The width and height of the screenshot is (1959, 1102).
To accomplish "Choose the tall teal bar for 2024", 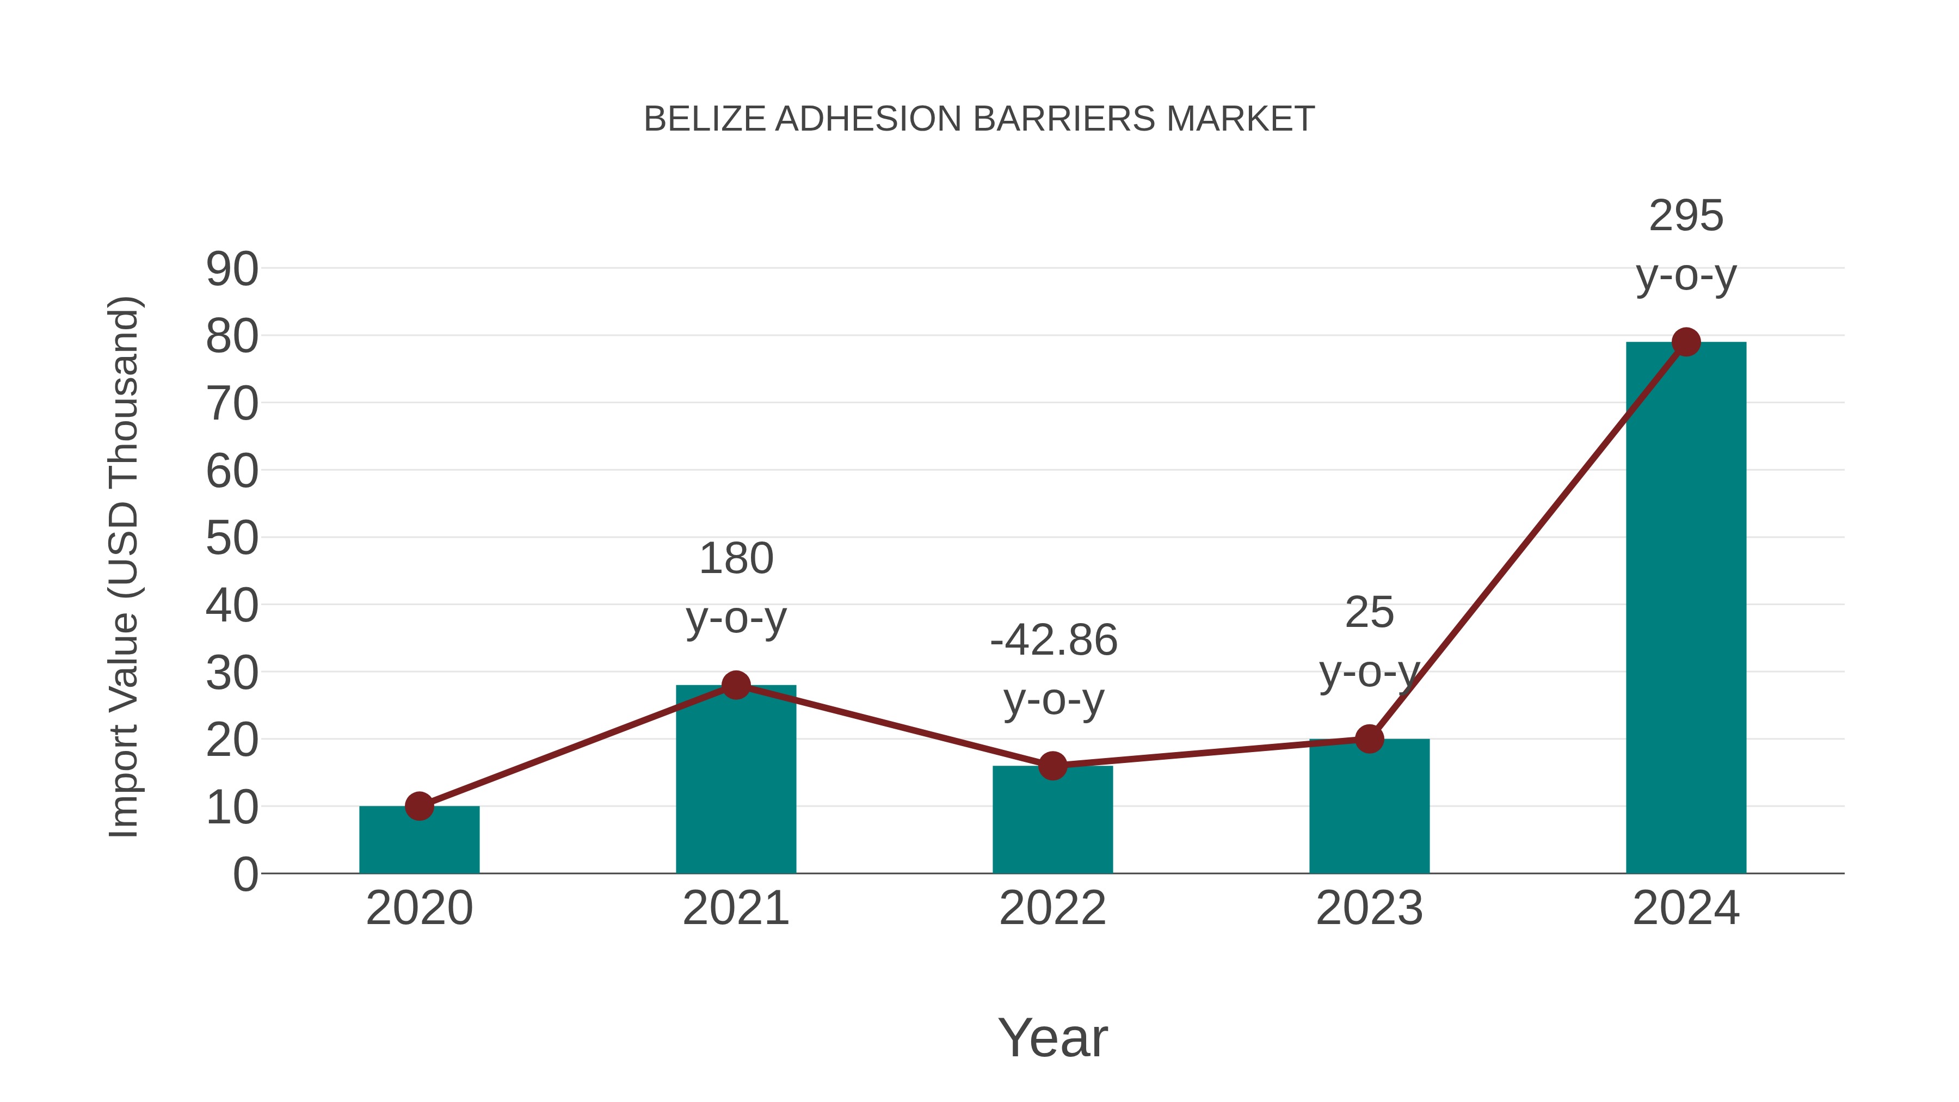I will coord(1686,608).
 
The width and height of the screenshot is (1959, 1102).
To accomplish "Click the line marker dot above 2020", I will coord(419,806).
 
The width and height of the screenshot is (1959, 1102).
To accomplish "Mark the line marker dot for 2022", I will coord(1052,766).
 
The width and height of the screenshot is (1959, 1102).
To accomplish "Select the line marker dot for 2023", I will coord(1369,738).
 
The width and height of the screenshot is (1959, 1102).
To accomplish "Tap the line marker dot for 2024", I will coord(1686,342).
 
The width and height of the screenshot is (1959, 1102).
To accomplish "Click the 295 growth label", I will coord(1686,216).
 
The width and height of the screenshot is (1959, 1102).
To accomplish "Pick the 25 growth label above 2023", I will coord(1369,613).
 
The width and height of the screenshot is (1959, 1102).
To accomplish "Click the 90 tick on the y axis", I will coord(232,269).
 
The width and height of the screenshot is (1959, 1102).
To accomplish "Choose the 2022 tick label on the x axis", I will coord(1052,908).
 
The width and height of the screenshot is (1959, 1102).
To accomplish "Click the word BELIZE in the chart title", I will coord(704,119).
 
